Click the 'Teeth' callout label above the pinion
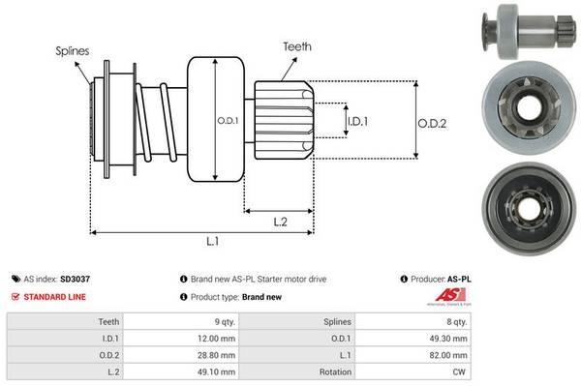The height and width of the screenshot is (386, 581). pyautogui.click(x=296, y=45)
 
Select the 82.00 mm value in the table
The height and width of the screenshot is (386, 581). pyautogui.click(x=450, y=355)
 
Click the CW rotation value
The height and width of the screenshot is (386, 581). pyautogui.click(x=461, y=372)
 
